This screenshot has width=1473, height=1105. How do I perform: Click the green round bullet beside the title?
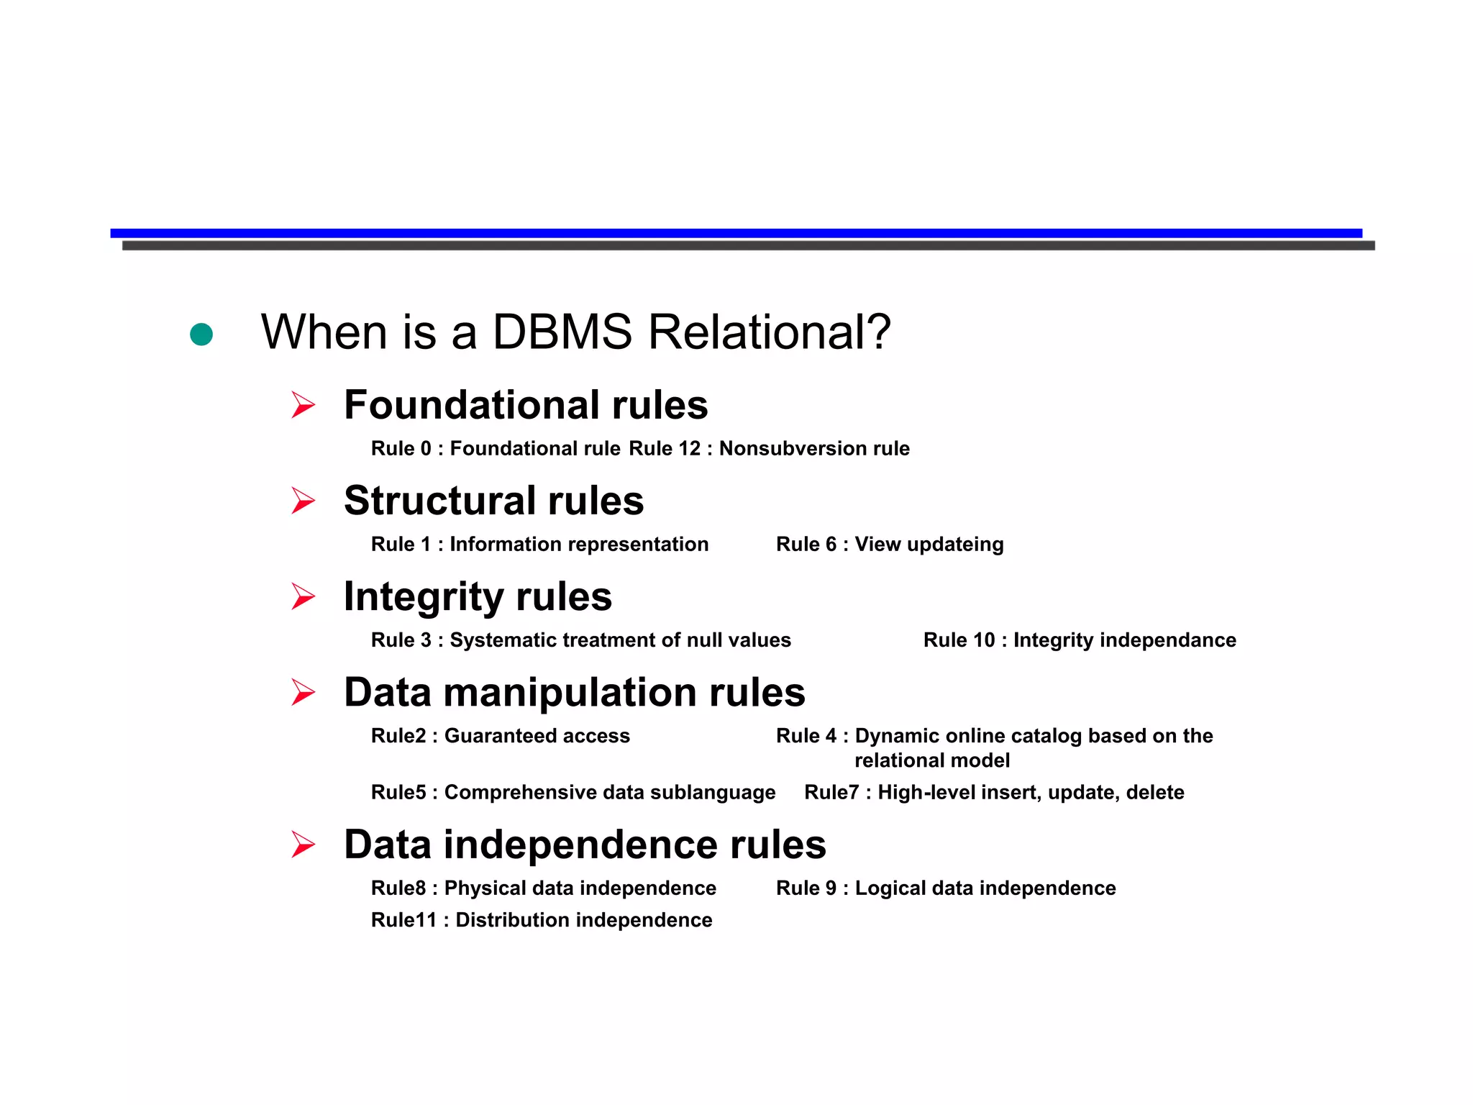[x=201, y=334]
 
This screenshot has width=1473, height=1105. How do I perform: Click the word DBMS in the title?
[x=562, y=332]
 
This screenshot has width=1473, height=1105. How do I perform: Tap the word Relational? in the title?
[x=769, y=332]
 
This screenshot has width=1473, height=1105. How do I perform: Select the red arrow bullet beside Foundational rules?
[x=303, y=405]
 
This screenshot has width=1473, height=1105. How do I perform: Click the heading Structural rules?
[x=493, y=501]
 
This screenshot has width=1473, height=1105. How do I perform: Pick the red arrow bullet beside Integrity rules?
[x=303, y=596]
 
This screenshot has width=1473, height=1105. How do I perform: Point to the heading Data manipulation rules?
[x=574, y=692]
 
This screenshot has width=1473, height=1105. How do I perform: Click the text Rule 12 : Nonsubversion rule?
[x=769, y=448]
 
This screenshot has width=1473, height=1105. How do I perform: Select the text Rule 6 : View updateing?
[x=889, y=544]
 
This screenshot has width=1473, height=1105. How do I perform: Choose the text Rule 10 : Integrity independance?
[x=1079, y=640]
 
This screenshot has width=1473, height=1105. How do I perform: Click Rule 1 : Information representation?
[x=539, y=544]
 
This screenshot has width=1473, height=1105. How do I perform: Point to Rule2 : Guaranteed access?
[x=500, y=735]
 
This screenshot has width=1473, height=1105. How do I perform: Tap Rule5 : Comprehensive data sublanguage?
[x=573, y=792]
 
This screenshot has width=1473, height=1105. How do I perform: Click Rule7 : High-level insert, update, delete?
[x=993, y=792]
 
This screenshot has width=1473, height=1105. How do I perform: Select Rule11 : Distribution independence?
[x=541, y=919]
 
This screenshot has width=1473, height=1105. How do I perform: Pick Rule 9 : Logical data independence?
[x=945, y=888]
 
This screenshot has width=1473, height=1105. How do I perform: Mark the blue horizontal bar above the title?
[x=735, y=233]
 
